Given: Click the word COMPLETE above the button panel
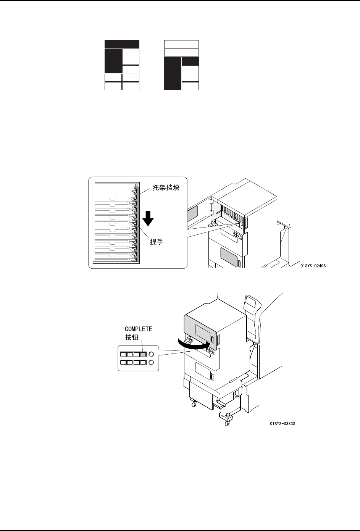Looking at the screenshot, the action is (139, 329).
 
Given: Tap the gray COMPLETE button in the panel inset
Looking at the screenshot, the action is (143, 354).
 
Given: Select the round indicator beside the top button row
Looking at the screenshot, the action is (152, 354).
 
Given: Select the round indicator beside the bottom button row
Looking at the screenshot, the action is (152, 362).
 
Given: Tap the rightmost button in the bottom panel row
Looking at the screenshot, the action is (143, 362).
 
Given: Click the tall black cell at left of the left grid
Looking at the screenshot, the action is (113, 56).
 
